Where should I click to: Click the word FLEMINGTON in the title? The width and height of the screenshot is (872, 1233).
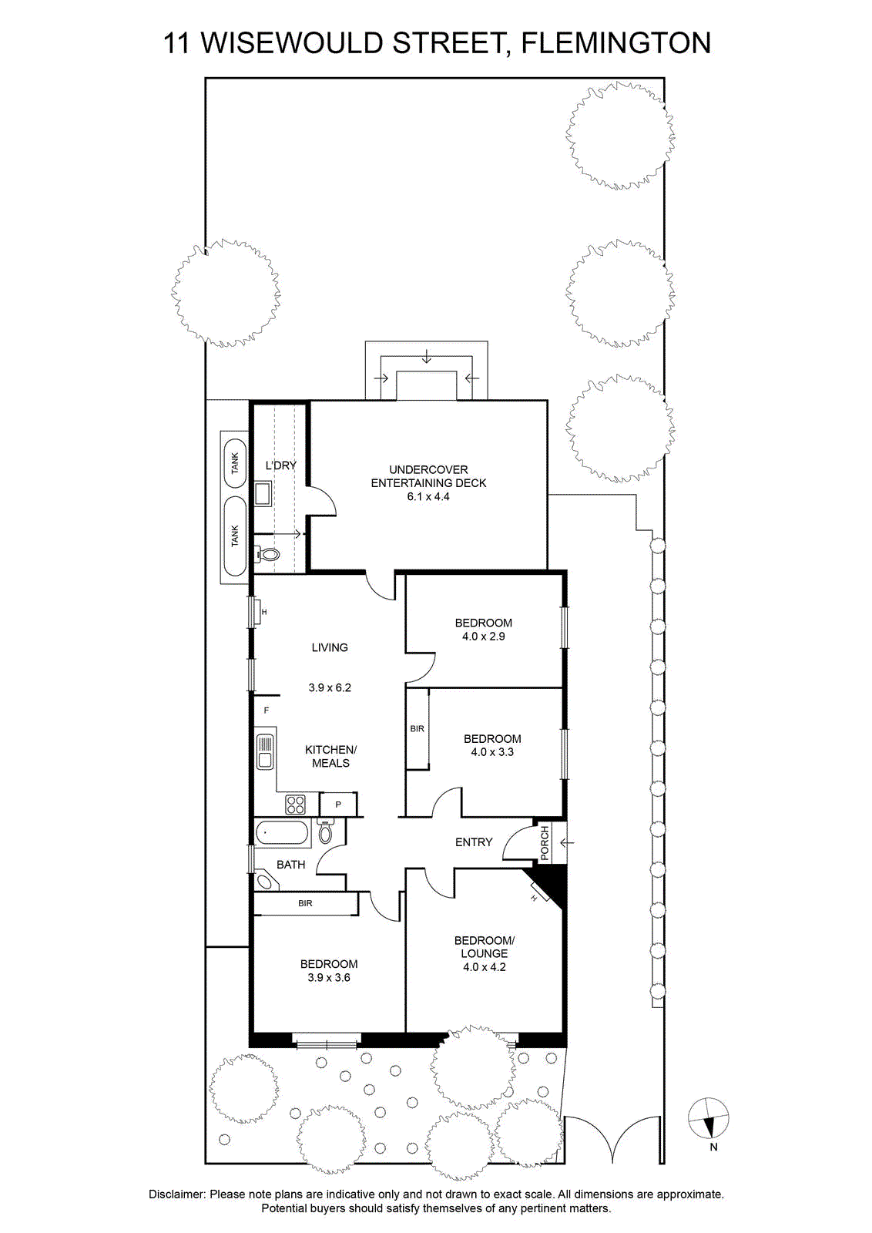tap(615, 43)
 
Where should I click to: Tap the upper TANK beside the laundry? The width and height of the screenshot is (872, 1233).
tap(236, 463)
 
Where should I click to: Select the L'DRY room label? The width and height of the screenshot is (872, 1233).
tap(280, 465)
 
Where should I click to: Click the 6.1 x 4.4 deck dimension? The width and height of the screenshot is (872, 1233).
tap(428, 496)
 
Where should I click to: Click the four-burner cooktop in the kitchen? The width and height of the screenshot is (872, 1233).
tap(296, 805)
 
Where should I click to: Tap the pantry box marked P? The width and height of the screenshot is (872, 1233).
tap(338, 805)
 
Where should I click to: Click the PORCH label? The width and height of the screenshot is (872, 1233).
tap(544, 843)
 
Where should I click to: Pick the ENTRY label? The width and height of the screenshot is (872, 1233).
tap(474, 842)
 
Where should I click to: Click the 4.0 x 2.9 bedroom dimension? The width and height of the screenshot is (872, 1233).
tap(484, 637)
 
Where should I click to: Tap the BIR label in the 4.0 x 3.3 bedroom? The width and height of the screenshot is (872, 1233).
tap(417, 729)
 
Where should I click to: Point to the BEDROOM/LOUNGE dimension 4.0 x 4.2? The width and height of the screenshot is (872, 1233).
tap(484, 967)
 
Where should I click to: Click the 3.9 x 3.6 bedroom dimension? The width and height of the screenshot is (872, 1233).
tap(329, 978)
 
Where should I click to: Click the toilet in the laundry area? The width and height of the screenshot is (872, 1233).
tap(267, 554)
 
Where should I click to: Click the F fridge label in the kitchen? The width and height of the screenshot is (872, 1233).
tap(267, 711)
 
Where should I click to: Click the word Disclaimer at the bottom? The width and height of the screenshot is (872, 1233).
tap(176, 1195)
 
